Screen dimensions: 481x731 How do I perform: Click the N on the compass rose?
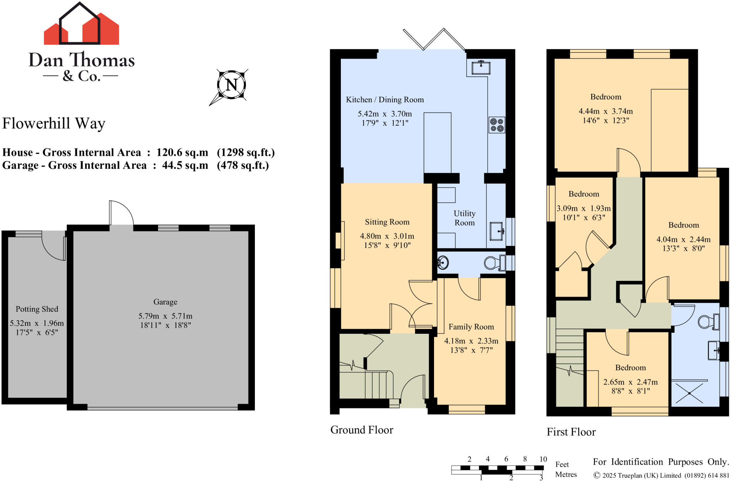pyautogui.click(x=231, y=85)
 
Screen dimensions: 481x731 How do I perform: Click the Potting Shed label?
pyautogui.click(x=37, y=309)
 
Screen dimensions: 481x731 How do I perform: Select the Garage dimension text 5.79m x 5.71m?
pyautogui.click(x=165, y=316)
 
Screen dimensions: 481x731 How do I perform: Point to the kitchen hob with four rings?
pyautogui.click(x=497, y=125)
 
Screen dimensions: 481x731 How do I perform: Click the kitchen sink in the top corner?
pyautogui.click(x=481, y=68)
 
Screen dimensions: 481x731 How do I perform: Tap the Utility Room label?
pyautogui.click(x=464, y=218)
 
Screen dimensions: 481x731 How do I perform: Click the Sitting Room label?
pyautogui.click(x=387, y=222)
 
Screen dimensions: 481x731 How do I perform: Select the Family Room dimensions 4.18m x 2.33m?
pyautogui.click(x=471, y=341)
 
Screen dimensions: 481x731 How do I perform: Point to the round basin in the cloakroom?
pyautogui.click(x=443, y=263)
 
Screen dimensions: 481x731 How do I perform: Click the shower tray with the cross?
pyautogui.click(x=689, y=393)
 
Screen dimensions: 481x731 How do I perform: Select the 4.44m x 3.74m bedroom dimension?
pyautogui.click(x=606, y=111)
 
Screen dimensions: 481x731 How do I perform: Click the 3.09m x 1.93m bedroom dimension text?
pyautogui.click(x=584, y=208)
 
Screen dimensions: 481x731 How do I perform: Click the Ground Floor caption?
pyautogui.click(x=362, y=430)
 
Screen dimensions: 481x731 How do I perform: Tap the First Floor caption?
pyautogui.click(x=571, y=432)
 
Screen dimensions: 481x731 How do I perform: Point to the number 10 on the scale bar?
pyautogui.click(x=543, y=459)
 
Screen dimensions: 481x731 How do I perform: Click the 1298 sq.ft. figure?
pyautogui.click(x=246, y=153)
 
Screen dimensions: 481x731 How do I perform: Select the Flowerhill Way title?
pyautogui.click(x=54, y=123)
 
